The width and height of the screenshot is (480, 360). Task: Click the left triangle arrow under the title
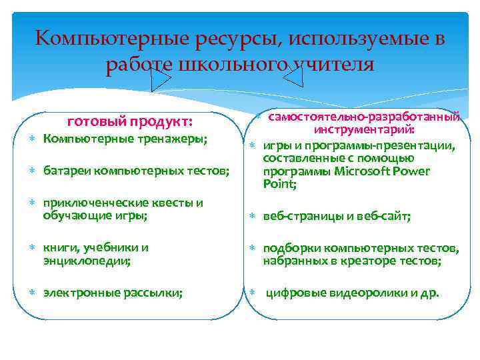coord(160,78)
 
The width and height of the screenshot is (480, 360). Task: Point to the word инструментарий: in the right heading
coord(365,130)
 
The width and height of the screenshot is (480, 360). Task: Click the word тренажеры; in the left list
coord(175,139)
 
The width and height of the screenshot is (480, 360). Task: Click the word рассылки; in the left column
coord(157,292)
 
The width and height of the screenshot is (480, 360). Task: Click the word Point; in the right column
coord(280,184)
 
